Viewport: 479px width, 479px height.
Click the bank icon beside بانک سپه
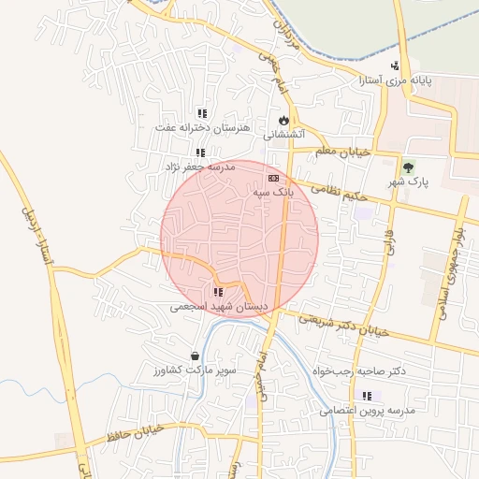click(x=273, y=177)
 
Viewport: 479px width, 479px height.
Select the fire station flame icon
click(x=283, y=121)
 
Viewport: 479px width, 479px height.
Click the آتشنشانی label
click(x=283, y=135)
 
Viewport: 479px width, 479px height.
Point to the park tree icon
click(x=407, y=168)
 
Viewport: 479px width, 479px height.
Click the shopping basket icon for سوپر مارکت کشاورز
click(x=195, y=356)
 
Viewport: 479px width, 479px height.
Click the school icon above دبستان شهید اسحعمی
click(x=219, y=292)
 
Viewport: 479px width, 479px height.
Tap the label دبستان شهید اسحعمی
click(x=219, y=307)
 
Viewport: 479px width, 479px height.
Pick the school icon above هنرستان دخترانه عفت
click(x=201, y=113)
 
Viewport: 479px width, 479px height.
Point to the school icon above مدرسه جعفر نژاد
click(x=199, y=152)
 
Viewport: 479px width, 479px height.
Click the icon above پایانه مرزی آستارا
click(x=396, y=65)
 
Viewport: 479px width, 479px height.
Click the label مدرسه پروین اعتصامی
click(x=367, y=410)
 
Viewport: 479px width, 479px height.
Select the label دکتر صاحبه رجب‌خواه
click(x=360, y=371)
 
